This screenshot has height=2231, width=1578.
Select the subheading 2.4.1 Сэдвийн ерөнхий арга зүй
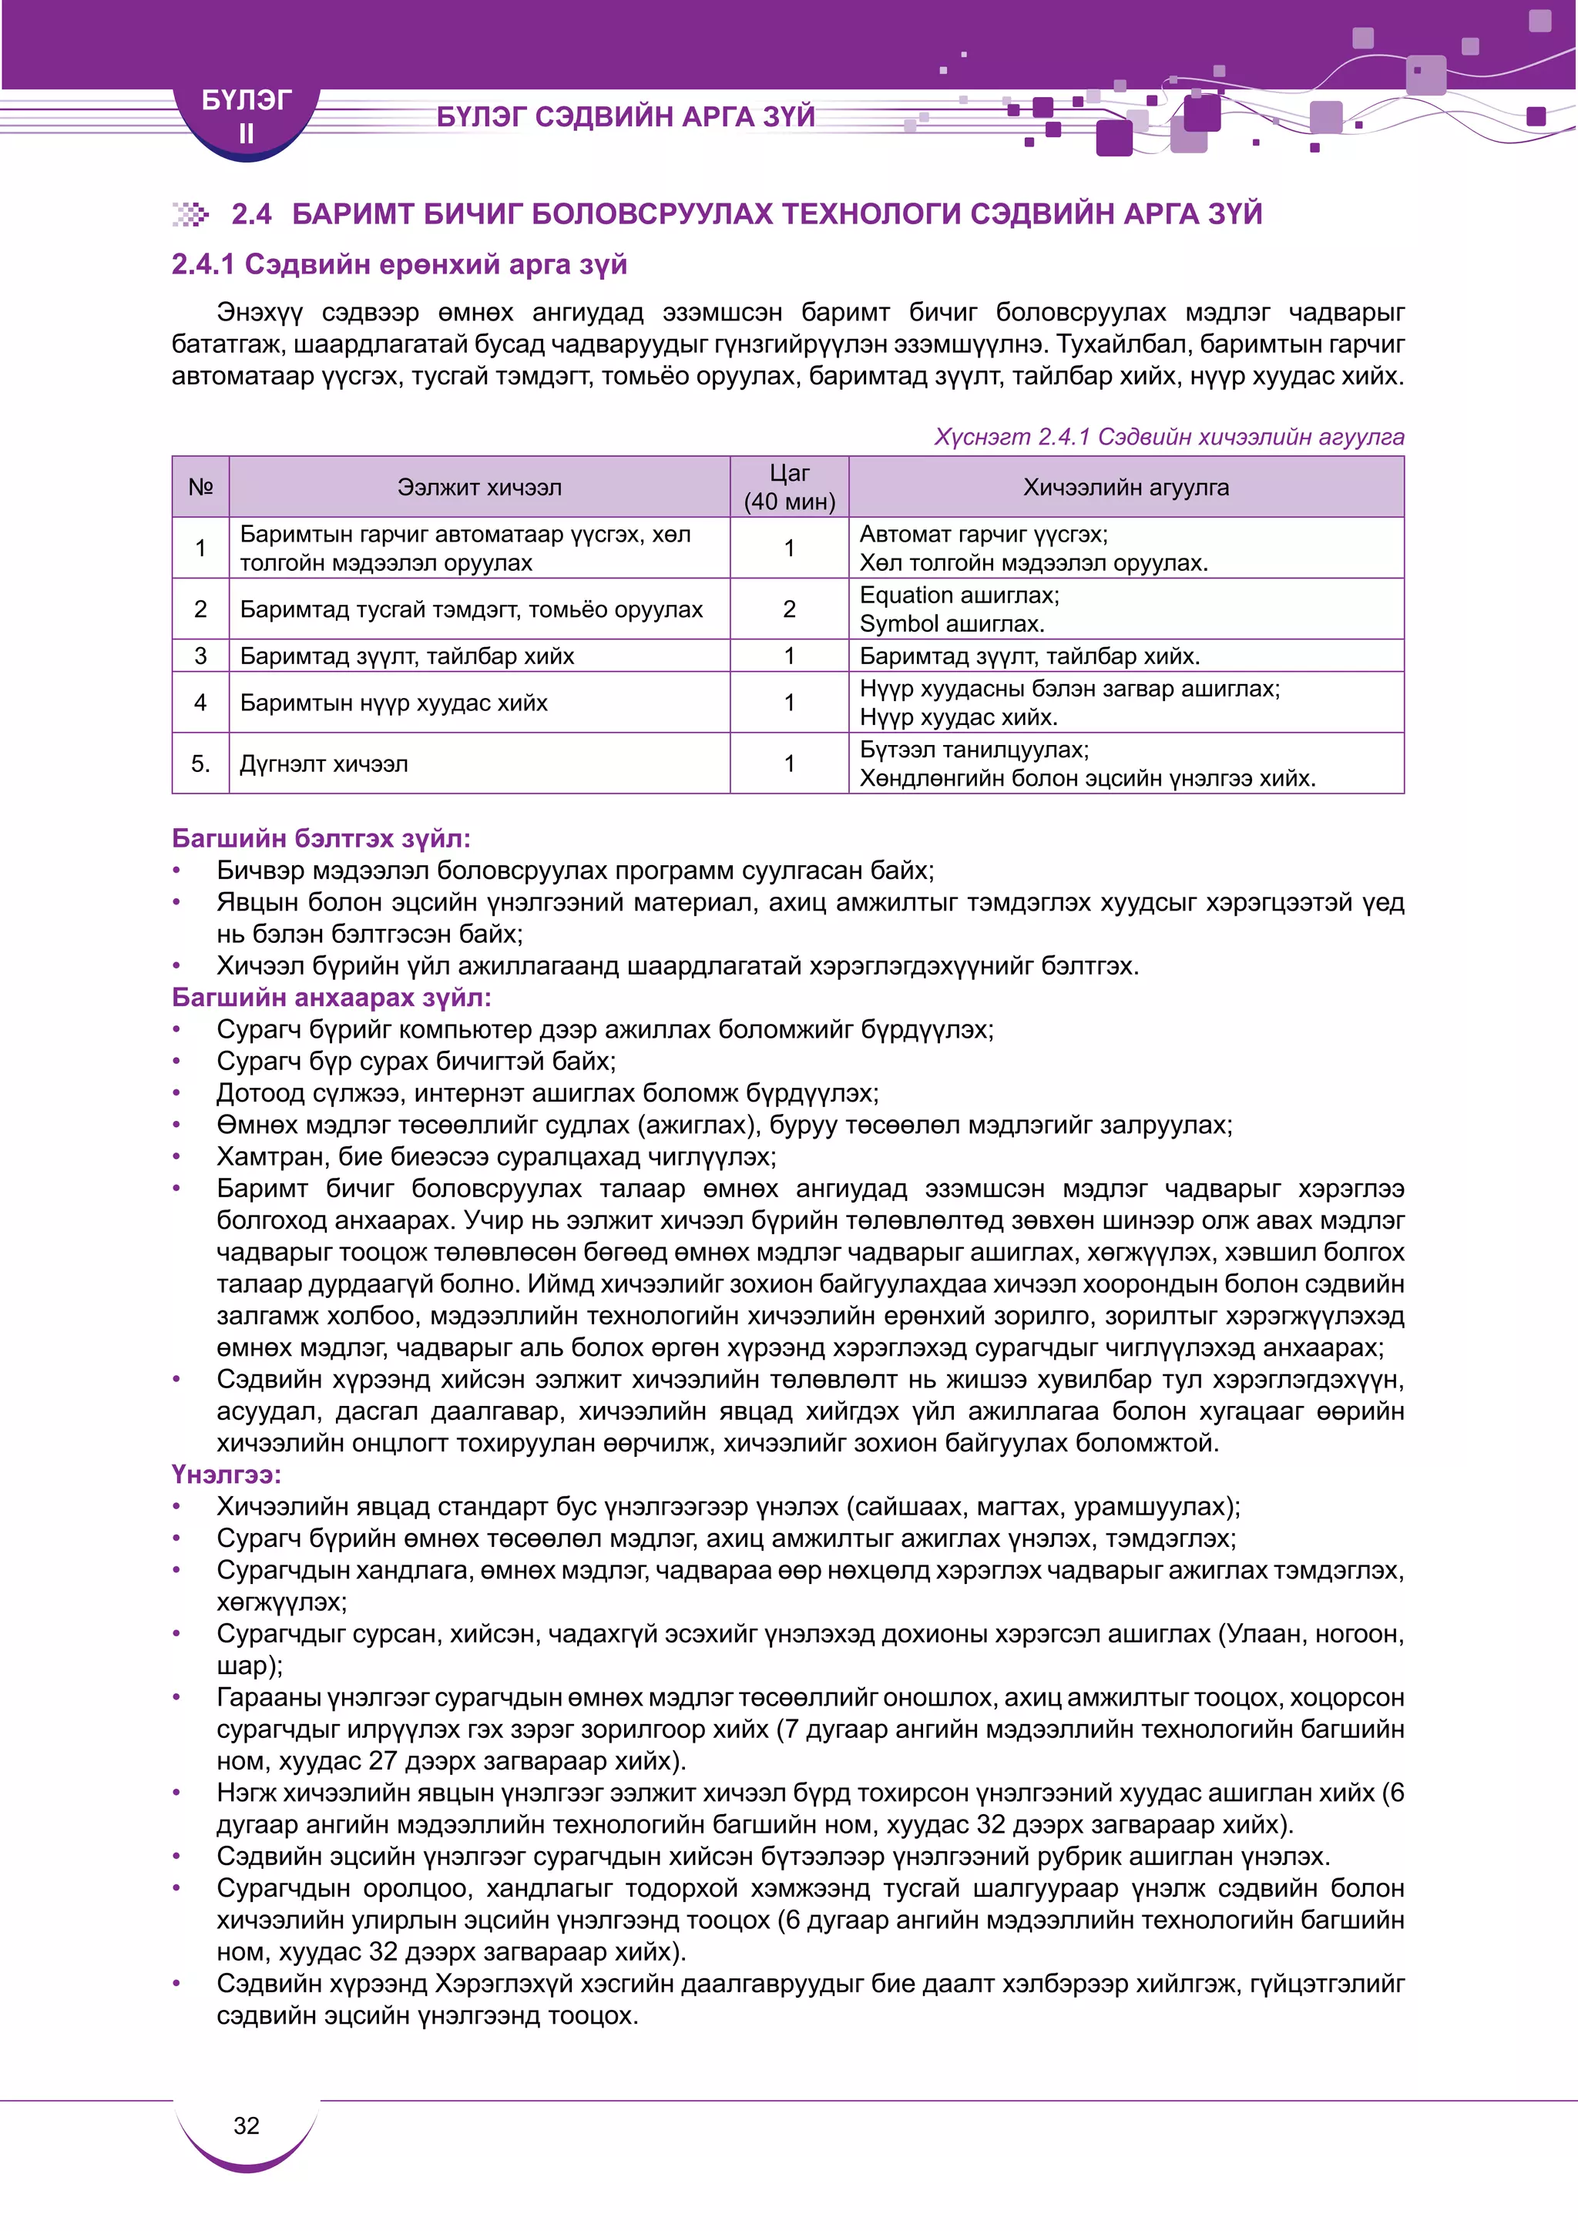pos(399,264)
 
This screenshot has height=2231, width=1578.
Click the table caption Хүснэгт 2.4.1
pos(1169,438)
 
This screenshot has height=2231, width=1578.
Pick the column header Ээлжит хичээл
pos(479,488)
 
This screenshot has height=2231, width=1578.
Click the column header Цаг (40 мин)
pos(789,487)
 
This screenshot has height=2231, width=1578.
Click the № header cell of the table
pos(200,488)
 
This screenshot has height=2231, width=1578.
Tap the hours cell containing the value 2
pos(789,609)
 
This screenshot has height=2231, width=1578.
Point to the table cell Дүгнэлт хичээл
pos(324,763)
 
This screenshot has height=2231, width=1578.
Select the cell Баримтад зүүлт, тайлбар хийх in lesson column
pos(407,656)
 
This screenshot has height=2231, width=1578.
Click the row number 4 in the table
pos(200,703)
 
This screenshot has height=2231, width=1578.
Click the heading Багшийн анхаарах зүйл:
pos(331,998)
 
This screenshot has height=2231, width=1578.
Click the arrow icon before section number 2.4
pos(190,215)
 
